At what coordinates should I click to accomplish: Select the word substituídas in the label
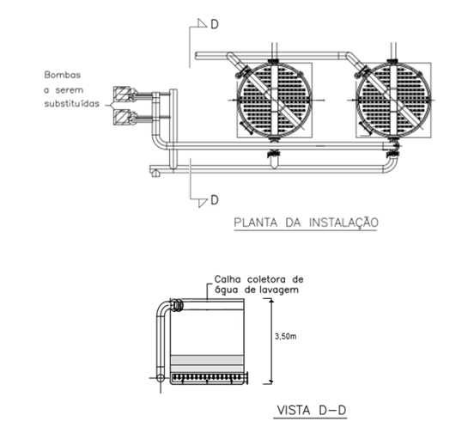(x=73, y=103)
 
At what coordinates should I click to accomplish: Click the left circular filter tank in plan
(x=272, y=97)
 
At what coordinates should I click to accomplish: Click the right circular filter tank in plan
(x=392, y=97)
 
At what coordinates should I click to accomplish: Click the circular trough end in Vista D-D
(x=178, y=304)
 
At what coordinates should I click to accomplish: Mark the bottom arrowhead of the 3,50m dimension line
(x=270, y=379)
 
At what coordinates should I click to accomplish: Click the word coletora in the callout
(x=264, y=279)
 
